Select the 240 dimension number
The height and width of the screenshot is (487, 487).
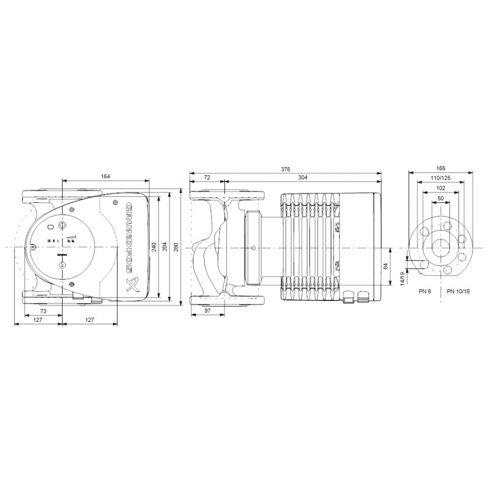(154, 247)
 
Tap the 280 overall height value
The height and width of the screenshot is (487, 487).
(176, 247)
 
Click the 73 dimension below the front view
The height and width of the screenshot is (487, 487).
(43, 310)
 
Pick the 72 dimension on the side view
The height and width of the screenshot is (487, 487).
(207, 178)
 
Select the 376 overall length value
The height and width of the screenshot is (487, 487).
(285, 169)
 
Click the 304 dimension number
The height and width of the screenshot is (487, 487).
(302, 178)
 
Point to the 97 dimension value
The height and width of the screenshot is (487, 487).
(207, 310)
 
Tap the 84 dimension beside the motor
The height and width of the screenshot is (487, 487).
(385, 266)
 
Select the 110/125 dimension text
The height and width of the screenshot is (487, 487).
(441, 178)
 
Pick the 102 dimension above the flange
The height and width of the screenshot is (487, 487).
(441, 188)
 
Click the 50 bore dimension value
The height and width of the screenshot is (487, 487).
(441, 198)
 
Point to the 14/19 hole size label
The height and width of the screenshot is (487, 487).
(403, 278)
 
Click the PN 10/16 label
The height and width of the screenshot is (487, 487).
(458, 291)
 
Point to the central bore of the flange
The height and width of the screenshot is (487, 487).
(441, 247)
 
